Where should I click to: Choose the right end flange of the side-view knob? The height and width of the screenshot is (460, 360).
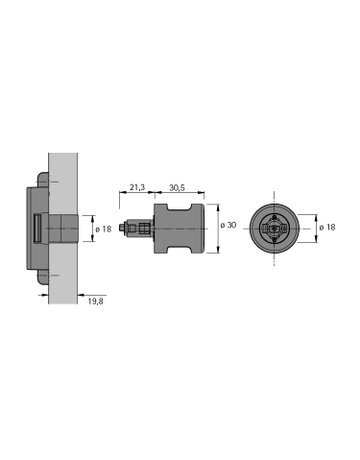click(199, 229)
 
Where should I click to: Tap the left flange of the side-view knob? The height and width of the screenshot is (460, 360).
click(160, 229)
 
